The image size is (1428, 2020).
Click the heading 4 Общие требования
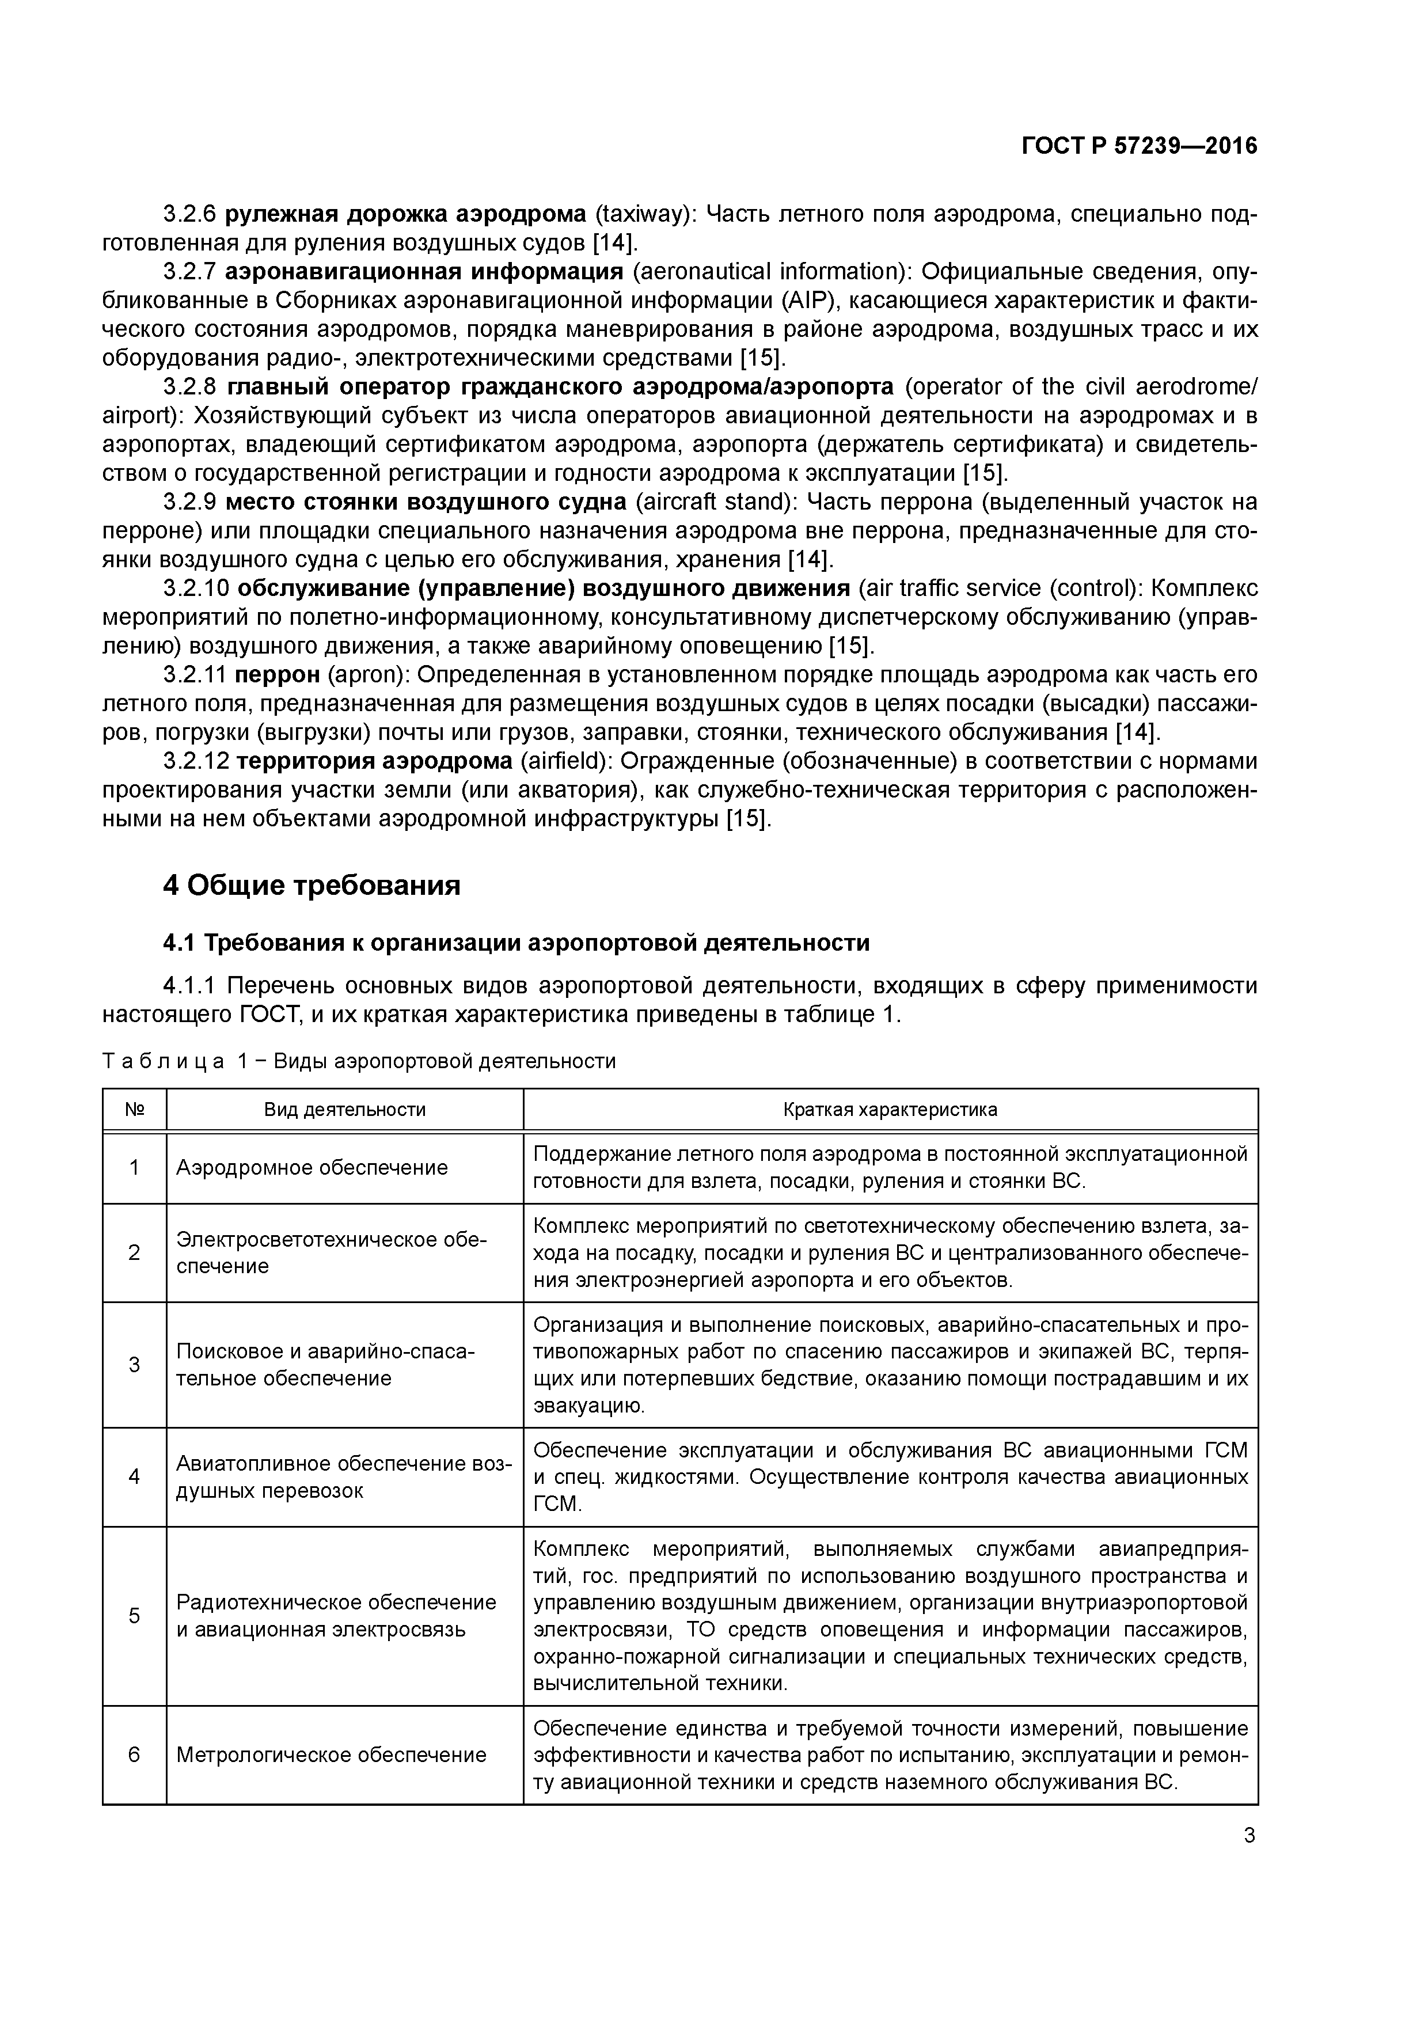pyautogui.click(x=312, y=885)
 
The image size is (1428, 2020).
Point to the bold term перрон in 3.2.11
pyautogui.click(x=277, y=675)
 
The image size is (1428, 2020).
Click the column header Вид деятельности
pyautogui.click(x=345, y=1110)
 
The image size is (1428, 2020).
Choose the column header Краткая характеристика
pyautogui.click(x=890, y=1110)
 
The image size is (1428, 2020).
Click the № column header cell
pyautogui.click(x=135, y=1110)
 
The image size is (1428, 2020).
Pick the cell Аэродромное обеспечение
pyautogui.click(x=312, y=1167)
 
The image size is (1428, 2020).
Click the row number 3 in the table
pyautogui.click(x=135, y=1365)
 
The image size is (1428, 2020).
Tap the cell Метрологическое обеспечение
pyautogui.click(x=331, y=1755)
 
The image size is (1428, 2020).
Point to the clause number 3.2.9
pyautogui.click(x=189, y=502)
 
